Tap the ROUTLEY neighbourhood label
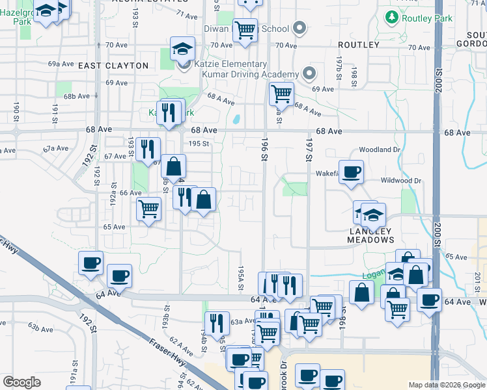pyautogui.click(x=359, y=45)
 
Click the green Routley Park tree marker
pyautogui.click(x=392, y=17)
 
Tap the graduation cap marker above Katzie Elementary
pyautogui.click(x=183, y=47)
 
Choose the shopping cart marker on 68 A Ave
pyautogui.click(x=281, y=94)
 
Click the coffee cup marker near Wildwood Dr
pyautogui.click(x=351, y=172)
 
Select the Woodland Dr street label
pyautogui.click(x=378, y=149)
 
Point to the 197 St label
pyautogui.click(x=309, y=153)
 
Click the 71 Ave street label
pyautogui.click(x=186, y=15)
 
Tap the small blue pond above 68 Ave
pyautogui.click(x=236, y=120)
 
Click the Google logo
pyautogui.click(x=21, y=382)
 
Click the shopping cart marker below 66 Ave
pyautogui.click(x=149, y=209)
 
